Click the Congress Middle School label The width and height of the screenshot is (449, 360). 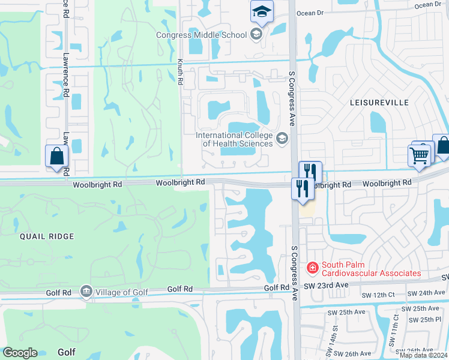point(201,35)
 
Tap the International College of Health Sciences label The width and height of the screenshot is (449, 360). point(234,139)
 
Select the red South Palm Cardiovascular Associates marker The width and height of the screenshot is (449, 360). point(312,267)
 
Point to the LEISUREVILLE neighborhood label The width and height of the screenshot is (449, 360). point(379,103)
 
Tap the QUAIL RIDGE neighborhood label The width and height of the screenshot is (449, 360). point(46,236)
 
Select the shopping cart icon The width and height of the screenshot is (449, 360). point(420,155)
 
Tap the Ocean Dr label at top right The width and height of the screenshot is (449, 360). point(428,5)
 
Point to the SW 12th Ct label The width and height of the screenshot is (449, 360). point(378,295)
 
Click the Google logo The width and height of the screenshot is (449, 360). point(20,353)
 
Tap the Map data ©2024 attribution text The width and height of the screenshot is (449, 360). point(423,355)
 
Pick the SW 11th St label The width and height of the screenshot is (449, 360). point(396,326)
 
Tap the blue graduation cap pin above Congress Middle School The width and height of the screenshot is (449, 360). point(262,11)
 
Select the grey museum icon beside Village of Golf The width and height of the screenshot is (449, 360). point(86,292)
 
